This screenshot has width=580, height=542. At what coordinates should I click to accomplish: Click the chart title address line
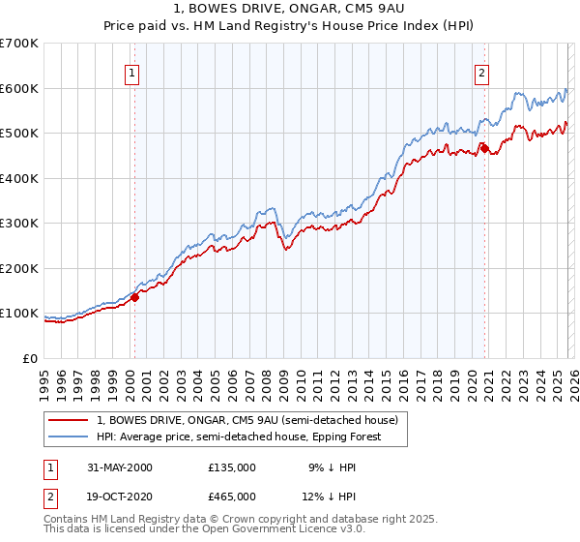290,9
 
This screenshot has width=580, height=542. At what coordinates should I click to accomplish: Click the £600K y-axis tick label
20,88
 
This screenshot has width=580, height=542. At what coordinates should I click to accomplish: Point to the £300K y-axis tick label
20,224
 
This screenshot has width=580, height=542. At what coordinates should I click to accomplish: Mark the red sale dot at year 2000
135,297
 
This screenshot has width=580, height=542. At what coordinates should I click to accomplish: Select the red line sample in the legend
69,420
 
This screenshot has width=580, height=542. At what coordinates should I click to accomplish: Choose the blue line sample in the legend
69,437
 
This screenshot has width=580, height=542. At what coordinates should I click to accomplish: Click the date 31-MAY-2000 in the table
120,467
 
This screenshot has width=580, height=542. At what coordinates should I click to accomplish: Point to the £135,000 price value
232,467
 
